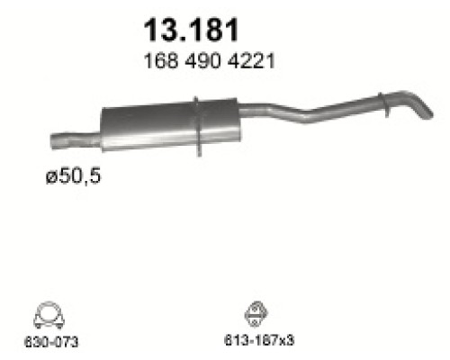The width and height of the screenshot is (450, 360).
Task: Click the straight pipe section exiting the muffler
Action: [x=270, y=109]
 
